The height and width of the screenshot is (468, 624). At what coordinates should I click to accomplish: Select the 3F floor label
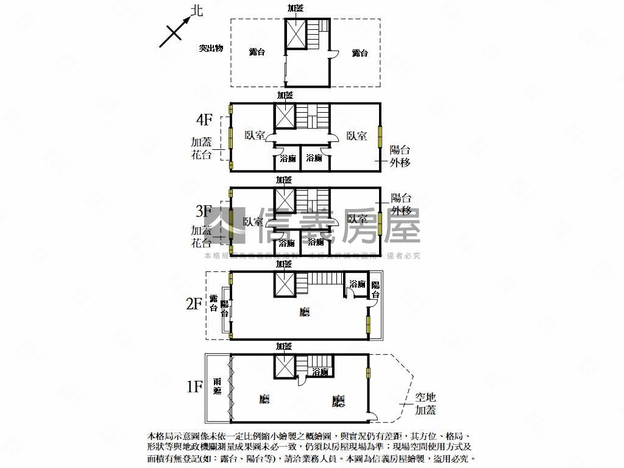coord(204,211)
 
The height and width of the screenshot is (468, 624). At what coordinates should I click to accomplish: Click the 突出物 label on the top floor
coord(211,48)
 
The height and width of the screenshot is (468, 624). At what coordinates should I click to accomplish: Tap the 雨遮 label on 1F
coord(218,386)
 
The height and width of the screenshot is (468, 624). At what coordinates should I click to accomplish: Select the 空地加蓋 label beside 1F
coord(425,404)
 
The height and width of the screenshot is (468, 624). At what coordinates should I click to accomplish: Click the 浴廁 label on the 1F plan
coord(321,371)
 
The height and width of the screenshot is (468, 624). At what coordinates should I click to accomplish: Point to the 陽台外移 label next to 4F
coord(400,156)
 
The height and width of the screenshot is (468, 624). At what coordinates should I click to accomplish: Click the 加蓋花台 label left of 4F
coord(202,148)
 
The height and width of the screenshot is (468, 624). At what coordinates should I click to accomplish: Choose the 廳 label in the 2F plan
coord(304,312)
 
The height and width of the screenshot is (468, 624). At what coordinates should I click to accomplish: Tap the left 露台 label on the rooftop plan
coord(257,52)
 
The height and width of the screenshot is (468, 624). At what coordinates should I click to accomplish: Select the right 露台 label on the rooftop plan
coord(360,53)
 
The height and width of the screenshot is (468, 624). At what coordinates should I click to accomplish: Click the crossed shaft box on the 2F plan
coord(284,285)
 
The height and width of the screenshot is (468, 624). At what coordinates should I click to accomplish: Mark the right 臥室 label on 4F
coord(356,136)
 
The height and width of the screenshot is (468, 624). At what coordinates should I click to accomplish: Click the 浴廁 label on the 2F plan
coord(357,284)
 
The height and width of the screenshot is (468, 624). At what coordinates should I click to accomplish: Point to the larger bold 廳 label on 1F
coord(338,401)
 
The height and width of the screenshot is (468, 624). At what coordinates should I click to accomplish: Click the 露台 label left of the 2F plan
coord(214,303)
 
